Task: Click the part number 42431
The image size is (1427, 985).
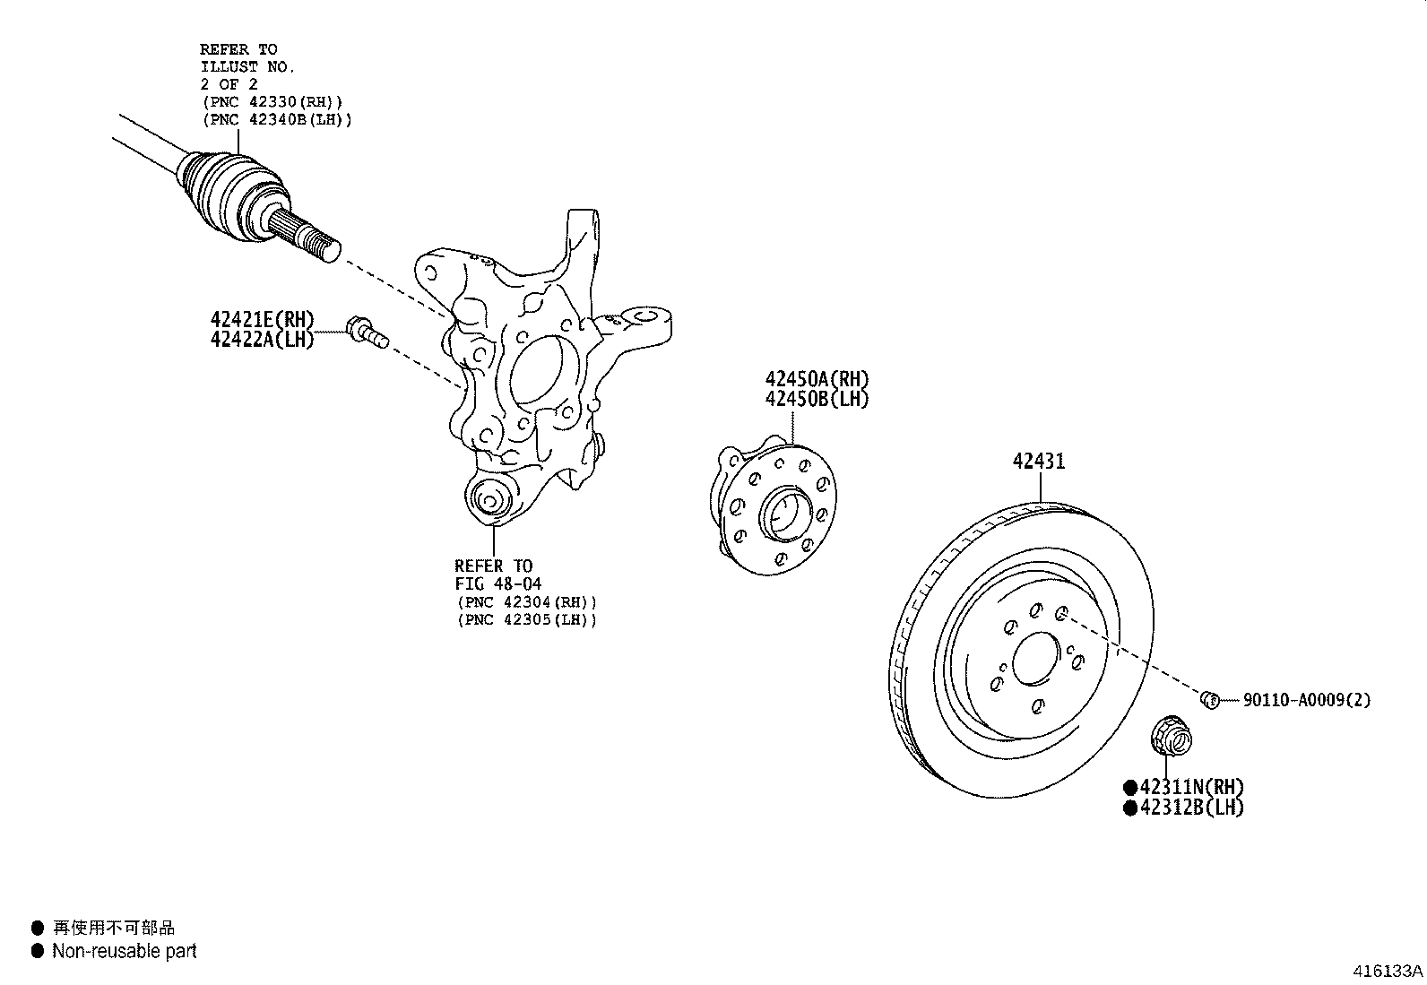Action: pos(1039,461)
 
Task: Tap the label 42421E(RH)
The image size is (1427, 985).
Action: pos(263,319)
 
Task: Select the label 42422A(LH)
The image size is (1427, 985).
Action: pos(263,339)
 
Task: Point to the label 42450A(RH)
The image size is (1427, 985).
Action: pos(817,379)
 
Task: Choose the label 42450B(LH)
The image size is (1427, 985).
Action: pos(817,400)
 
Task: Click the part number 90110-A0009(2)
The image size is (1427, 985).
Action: pos(1307,700)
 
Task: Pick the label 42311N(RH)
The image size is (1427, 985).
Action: pos(1191,787)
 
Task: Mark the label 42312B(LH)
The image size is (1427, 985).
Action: pos(1191,807)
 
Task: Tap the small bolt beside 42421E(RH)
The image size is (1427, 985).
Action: pos(366,332)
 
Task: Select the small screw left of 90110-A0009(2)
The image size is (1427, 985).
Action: pos(1209,699)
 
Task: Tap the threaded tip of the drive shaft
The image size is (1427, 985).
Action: pos(324,246)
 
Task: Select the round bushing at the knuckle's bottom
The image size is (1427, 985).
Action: pos(490,498)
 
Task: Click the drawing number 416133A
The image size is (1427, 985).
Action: pos(1388,971)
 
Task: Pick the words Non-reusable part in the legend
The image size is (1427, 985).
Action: pos(125,951)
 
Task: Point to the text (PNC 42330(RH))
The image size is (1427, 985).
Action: pos(273,101)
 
